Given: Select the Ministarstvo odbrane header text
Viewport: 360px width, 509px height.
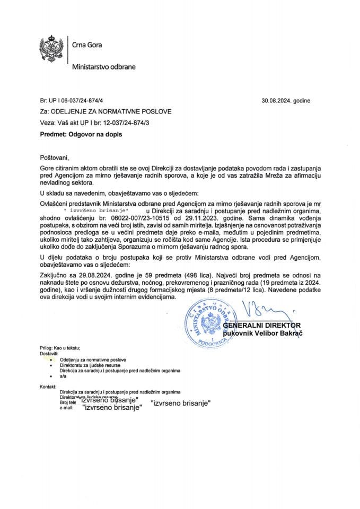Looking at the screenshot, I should [x=103, y=68].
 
